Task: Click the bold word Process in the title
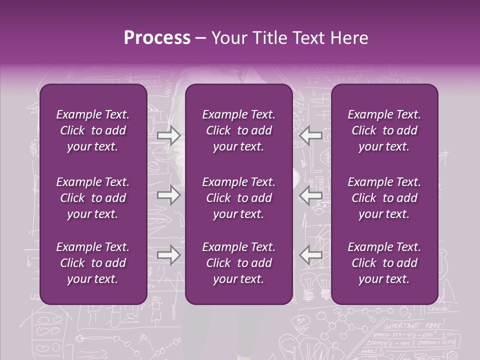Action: pyautogui.click(x=157, y=38)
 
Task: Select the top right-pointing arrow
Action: pyautogui.click(x=168, y=134)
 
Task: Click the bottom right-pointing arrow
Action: pyautogui.click(x=168, y=255)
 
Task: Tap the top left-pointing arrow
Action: pyautogui.click(x=310, y=134)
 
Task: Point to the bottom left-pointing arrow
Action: pyautogui.click(x=310, y=255)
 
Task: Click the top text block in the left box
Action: pyautogui.click(x=93, y=130)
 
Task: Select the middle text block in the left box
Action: pyautogui.click(x=93, y=198)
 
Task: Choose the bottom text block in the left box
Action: pyautogui.click(x=93, y=263)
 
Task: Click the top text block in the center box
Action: pyautogui.click(x=238, y=130)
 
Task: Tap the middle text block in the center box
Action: pyautogui.click(x=238, y=198)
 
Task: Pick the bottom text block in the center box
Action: pyautogui.click(x=238, y=263)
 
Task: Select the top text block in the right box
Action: pyautogui.click(x=384, y=130)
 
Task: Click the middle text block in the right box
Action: pyautogui.click(x=384, y=198)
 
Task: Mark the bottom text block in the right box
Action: pyautogui.click(x=384, y=263)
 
